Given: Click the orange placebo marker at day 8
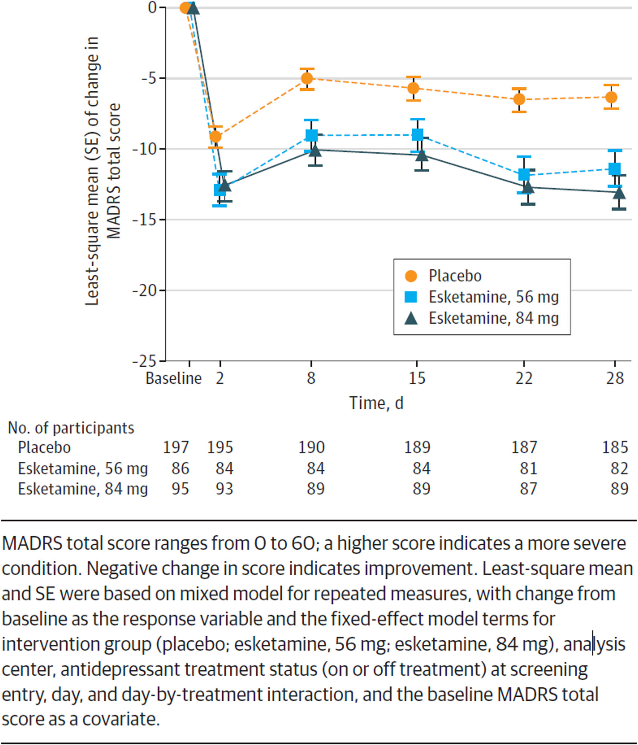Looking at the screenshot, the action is pyautogui.click(x=307, y=78).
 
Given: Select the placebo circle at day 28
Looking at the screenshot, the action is pyautogui.click(x=611, y=97).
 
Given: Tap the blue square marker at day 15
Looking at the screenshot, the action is pyautogui.click(x=418, y=135).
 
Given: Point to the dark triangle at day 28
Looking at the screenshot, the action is pyautogui.click(x=619, y=193).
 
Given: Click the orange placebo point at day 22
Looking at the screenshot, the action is pyautogui.click(x=519, y=100).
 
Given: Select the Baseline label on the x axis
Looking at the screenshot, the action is pyautogui.click(x=174, y=378).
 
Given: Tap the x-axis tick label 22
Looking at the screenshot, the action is pyautogui.click(x=524, y=378).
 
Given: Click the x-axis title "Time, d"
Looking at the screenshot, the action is pyautogui.click(x=376, y=403).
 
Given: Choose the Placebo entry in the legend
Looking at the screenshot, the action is pyautogui.click(x=455, y=276).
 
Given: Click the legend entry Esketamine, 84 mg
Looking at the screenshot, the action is pyautogui.click(x=494, y=318).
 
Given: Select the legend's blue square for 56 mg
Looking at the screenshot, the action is pyautogui.click(x=411, y=297).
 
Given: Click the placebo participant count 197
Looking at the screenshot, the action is pyautogui.click(x=176, y=447).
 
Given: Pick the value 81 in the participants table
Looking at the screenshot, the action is pyautogui.click(x=528, y=469).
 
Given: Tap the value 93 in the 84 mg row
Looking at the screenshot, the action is pyautogui.click(x=224, y=489).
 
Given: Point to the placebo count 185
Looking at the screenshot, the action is pyautogui.click(x=615, y=447).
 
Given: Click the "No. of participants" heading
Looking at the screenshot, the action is pyautogui.click(x=71, y=428).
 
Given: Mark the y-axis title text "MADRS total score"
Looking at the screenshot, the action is pyautogui.click(x=113, y=171).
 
